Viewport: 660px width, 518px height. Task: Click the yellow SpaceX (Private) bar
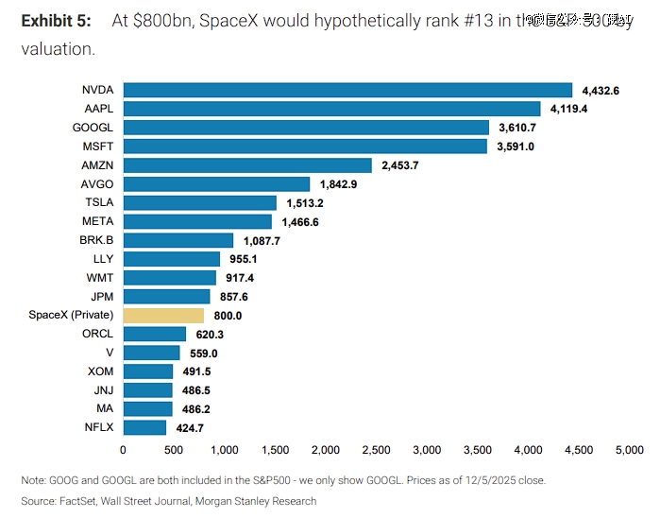tap(163, 315)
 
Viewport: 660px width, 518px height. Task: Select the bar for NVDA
tap(347, 90)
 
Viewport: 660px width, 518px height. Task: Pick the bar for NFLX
tap(144, 427)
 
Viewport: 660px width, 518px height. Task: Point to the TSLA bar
tap(199, 202)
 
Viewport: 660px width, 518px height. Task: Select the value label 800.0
tap(228, 316)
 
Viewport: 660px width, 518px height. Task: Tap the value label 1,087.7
tap(262, 240)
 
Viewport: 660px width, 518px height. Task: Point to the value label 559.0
tap(203, 353)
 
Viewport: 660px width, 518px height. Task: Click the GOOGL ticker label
tap(93, 128)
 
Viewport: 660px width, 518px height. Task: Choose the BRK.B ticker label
tap(97, 240)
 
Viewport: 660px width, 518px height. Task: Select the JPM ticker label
tap(101, 296)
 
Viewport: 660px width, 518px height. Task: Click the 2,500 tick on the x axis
tap(376, 451)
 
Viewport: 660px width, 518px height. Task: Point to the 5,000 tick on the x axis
tap(629, 451)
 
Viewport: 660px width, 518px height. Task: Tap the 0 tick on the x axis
tap(123, 451)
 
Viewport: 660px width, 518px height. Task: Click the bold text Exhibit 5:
tap(56, 20)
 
